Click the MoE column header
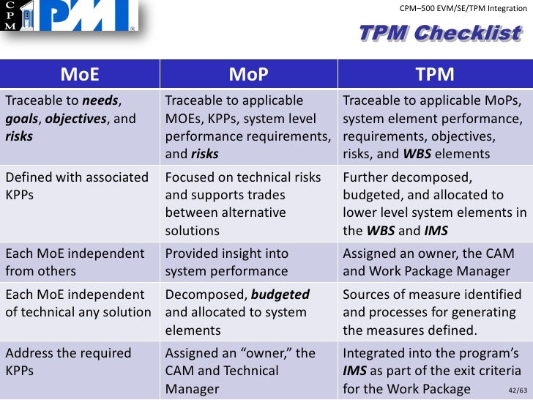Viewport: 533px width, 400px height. click(x=79, y=74)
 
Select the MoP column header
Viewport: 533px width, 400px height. click(x=248, y=74)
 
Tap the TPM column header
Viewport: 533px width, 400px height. click(x=434, y=74)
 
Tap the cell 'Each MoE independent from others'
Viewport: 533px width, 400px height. click(x=79, y=262)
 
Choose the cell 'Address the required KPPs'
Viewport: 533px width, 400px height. click(x=79, y=361)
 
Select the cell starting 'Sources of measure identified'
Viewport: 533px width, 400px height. click(x=434, y=311)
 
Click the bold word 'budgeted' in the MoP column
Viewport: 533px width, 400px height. click(x=280, y=295)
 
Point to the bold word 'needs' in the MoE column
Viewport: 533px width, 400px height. click(x=101, y=100)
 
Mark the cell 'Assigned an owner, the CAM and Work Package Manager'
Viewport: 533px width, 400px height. click(x=434, y=262)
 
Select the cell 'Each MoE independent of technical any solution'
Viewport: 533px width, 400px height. click(x=79, y=303)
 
